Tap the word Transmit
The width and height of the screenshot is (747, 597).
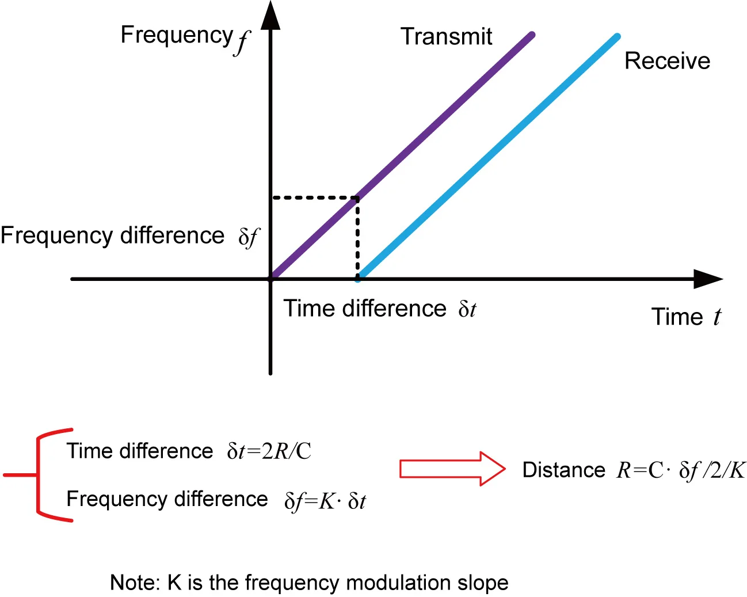[446, 36]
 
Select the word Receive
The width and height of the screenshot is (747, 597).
[667, 61]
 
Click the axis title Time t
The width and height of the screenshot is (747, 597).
[685, 317]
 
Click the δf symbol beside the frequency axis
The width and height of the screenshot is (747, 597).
[249, 236]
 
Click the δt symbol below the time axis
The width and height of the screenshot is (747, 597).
[467, 310]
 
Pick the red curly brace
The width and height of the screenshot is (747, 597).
[39, 475]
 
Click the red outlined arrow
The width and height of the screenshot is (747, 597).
[452, 469]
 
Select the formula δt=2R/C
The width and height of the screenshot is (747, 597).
[269, 451]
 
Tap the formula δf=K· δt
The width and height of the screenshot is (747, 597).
[325, 501]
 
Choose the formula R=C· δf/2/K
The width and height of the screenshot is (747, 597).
[680, 470]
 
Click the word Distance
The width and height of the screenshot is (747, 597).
[563, 470]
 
